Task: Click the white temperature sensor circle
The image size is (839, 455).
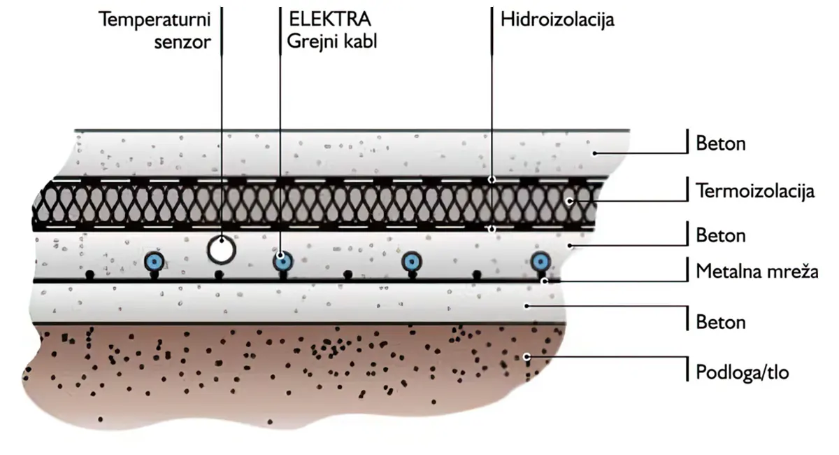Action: tap(222, 250)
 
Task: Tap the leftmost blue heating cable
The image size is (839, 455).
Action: tap(155, 260)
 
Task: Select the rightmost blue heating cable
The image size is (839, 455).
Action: tap(540, 261)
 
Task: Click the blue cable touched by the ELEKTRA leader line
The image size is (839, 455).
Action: tap(282, 261)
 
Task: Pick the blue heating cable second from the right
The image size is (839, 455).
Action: tap(412, 261)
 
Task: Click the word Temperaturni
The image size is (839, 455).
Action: tap(155, 20)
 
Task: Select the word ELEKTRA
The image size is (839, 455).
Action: tap(329, 19)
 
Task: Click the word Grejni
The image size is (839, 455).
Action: tap(313, 41)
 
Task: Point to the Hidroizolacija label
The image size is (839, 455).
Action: tap(557, 20)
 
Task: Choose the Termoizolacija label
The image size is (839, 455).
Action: tap(755, 191)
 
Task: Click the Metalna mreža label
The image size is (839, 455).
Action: tap(757, 271)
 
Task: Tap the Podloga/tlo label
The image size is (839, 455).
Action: tap(742, 372)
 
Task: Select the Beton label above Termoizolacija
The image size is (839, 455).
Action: tap(721, 143)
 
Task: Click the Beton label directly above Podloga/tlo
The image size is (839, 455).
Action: tap(721, 322)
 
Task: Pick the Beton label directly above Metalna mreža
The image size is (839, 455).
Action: tap(721, 236)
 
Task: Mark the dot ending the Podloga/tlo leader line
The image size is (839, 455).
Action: tap(526, 356)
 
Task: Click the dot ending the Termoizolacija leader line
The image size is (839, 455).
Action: tap(569, 202)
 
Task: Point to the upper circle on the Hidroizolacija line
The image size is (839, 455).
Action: tap(492, 180)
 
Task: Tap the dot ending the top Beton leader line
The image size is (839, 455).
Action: tap(594, 153)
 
